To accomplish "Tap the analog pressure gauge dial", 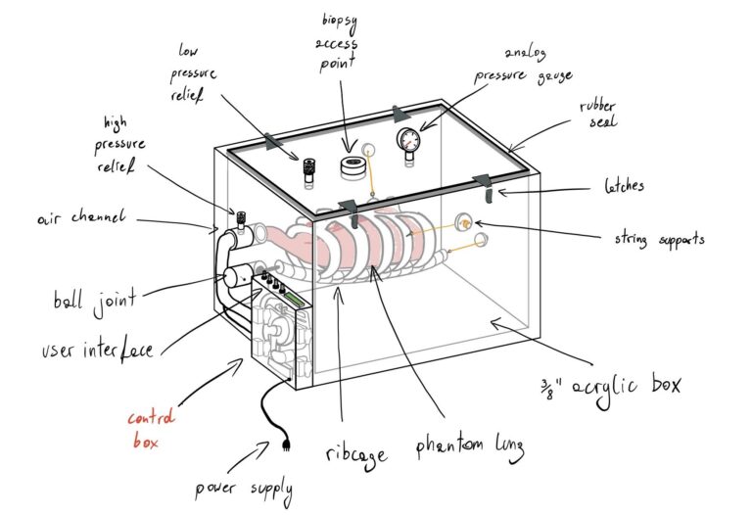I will [x=407, y=139].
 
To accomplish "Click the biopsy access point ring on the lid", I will [x=352, y=165].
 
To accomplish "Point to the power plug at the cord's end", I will [x=286, y=445].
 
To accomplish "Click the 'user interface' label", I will [x=98, y=347].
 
